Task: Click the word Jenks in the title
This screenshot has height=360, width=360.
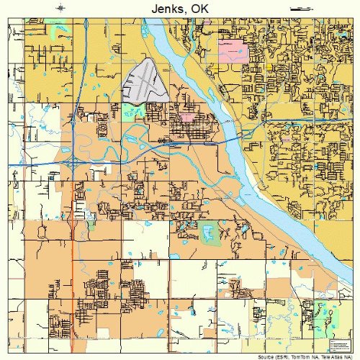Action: point(166,8)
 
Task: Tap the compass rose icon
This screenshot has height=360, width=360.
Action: point(61,7)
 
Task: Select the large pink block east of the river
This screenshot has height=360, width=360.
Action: point(233,50)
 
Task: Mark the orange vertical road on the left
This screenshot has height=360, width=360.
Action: point(73,274)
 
